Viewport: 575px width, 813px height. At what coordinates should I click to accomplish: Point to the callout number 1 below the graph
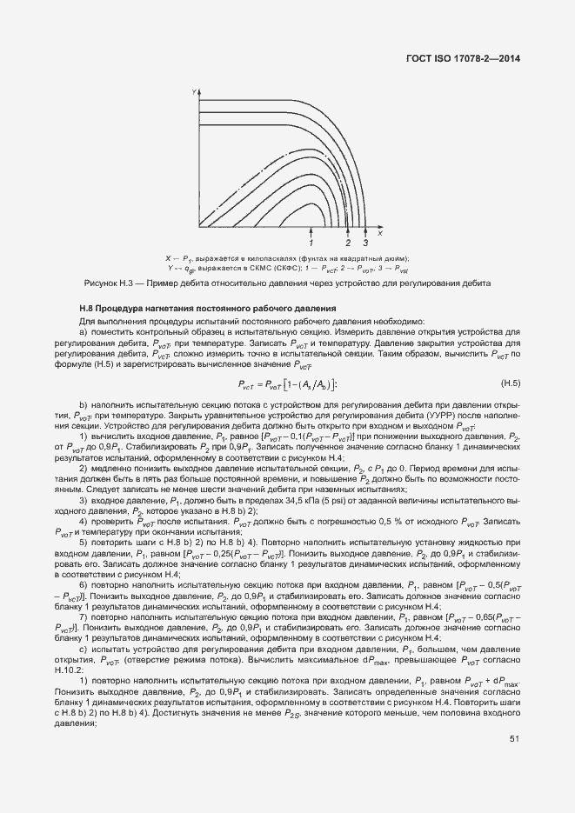click(311, 243)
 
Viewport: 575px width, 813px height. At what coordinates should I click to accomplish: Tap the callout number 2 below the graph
click(348, 243)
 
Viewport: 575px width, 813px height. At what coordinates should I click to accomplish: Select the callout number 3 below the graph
click(365, 243)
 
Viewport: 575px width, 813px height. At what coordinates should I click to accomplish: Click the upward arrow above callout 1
click(311, 230)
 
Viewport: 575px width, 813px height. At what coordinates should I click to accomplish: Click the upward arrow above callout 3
click(365, 230)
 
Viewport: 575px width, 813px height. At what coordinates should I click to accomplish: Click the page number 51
click(514, 739)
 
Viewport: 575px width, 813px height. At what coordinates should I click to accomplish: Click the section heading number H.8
click(86, 310)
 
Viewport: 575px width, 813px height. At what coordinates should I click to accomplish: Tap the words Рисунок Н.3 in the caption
click(106, 283)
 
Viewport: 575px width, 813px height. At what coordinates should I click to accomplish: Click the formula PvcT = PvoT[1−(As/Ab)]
click(287, 384)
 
